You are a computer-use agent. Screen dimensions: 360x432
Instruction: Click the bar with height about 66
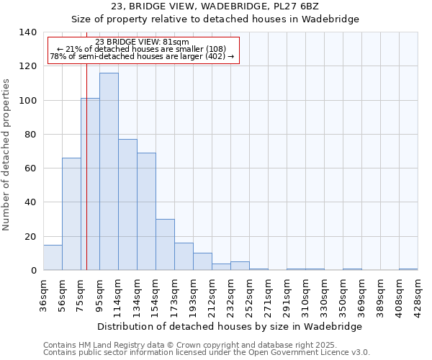point(71,214)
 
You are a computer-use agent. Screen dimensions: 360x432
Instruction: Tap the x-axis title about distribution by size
point(229,326)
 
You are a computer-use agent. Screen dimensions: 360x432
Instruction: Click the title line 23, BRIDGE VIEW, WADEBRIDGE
point(215,6)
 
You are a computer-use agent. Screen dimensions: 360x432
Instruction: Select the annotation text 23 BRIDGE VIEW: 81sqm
point(142,42)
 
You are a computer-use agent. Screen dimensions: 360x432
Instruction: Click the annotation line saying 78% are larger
point(142,56)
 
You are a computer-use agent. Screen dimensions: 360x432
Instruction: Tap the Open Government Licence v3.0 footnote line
point(206,353)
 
